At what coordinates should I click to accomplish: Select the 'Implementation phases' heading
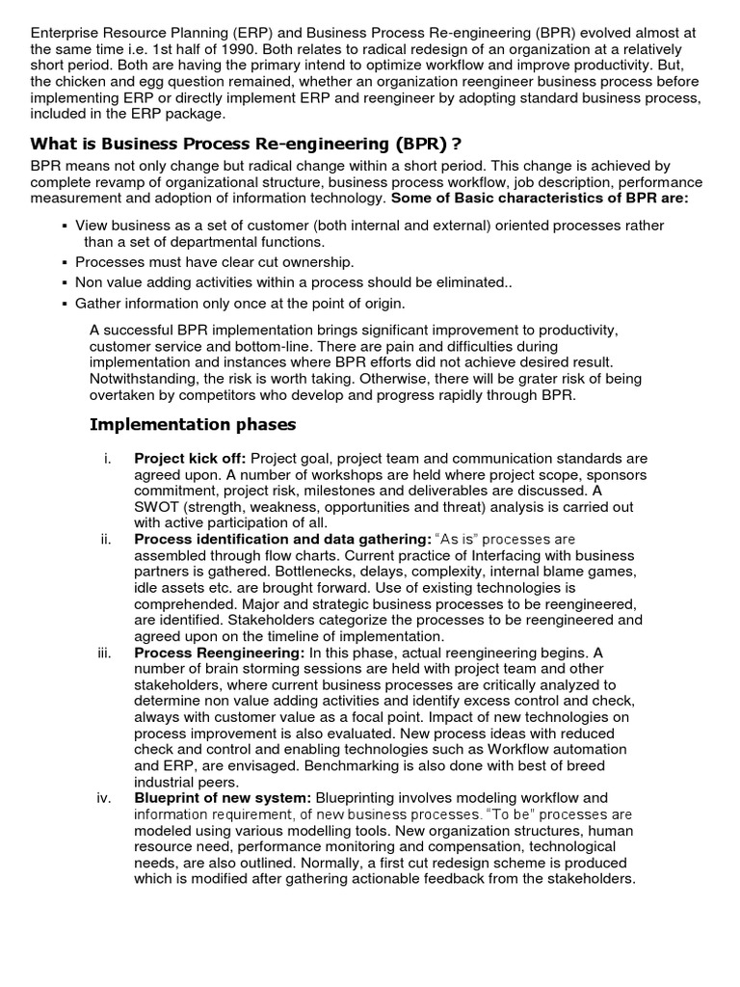coord(193,424)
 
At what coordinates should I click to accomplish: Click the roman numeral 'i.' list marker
coord(108,458)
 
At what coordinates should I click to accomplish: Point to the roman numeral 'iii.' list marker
coord(105,653)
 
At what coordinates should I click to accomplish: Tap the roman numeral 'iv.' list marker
coord(105,797)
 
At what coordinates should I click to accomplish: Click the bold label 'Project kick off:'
coord(190,458)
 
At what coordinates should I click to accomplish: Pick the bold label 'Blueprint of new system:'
coord(223,797)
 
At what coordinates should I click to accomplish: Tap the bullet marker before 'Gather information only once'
coord(64,304)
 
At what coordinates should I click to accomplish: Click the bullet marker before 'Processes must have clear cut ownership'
coord(64,262)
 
